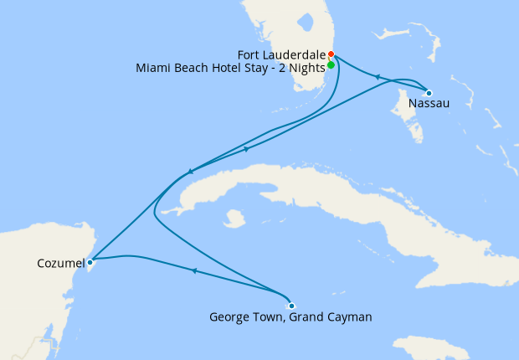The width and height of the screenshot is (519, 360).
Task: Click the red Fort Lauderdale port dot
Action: (331, 55)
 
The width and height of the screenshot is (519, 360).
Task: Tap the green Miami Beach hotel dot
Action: (331, 64)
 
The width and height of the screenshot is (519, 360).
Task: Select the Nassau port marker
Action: (429, 93)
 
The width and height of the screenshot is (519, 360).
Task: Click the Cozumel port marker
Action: (90, 262)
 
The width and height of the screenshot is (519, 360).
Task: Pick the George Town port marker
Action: (291, 306)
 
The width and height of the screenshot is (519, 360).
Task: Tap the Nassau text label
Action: (429, 104)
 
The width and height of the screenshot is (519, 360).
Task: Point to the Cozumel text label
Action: (61, 263)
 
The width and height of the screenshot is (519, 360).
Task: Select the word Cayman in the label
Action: (348, 317)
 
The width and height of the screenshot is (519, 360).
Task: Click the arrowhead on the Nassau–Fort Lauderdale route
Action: (378, 77)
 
